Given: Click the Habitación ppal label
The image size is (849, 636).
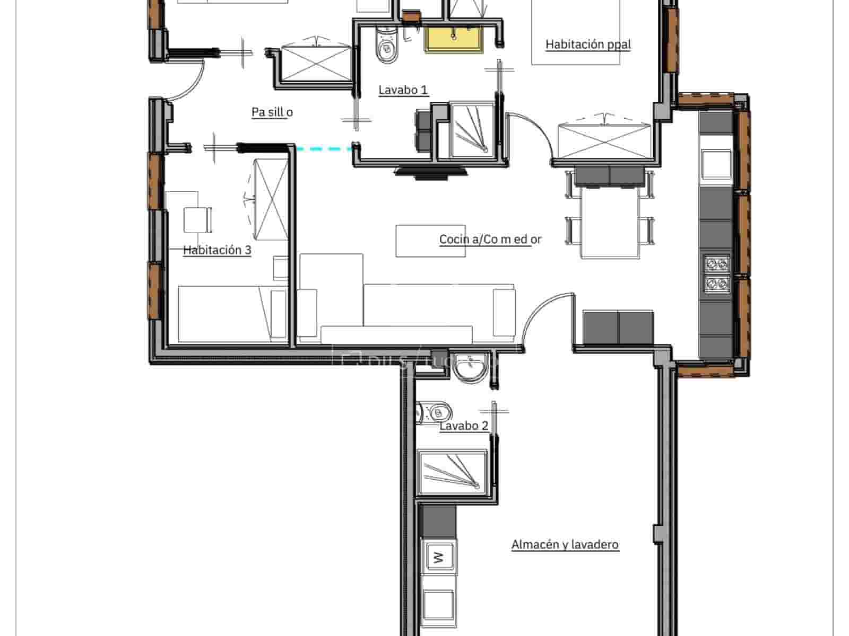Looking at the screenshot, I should tap(588, 44).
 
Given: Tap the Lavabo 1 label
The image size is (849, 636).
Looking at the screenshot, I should tap(403, 90).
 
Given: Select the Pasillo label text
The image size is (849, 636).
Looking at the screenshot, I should tap(272, 112).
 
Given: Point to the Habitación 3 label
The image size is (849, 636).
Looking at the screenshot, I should tap(216, 250).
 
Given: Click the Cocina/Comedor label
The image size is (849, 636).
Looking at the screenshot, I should tap(490, 240).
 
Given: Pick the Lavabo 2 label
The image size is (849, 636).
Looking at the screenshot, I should tap(463, 426).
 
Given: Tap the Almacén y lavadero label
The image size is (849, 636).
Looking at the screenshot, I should tap(565, 545).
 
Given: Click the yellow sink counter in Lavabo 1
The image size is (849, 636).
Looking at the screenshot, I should tap(454, 40).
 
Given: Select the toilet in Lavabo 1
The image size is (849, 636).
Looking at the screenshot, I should tap(386, 46).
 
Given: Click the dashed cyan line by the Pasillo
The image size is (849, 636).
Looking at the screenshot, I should tap(324, 149).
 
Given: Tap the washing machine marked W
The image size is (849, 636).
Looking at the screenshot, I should tap(439, 557).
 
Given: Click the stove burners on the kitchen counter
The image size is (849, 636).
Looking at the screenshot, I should tap(717, 273).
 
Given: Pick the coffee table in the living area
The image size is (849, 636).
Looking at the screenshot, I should tap(430, 241).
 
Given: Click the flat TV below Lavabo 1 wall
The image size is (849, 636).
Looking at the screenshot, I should tap(430, 171).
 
